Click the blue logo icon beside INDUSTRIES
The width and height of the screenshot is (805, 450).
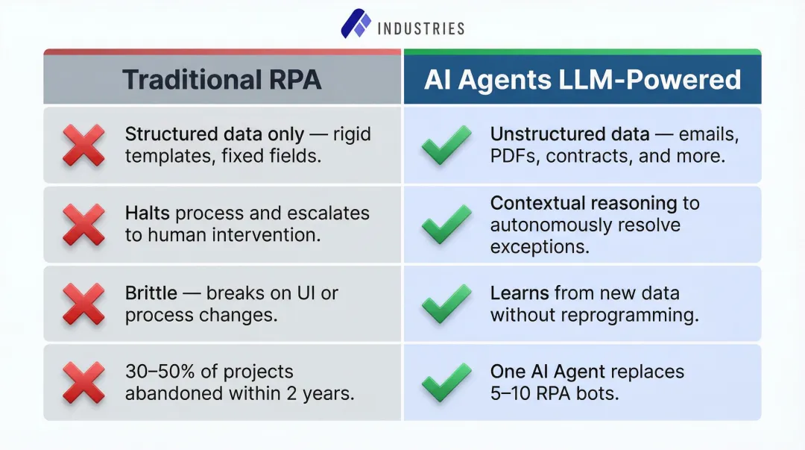pyautogui.click(x=356, y=25)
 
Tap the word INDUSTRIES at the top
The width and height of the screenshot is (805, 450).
pyautogui.click(x=421, y=28)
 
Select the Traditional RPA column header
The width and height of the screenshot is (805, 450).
pyautogui.click(x=222, y=79)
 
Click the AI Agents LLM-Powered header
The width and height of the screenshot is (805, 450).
pyautogui.click(x=582, y=79)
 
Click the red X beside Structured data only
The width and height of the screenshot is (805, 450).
pyautogui.click(x=83, y=146)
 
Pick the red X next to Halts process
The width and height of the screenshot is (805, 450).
pyautogui.click(x=83, y=224)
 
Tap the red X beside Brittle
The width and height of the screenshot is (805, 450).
pyautogui.click(x=83, y=304)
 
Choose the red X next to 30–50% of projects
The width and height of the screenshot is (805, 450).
pyautogui.click(x=83, y=383)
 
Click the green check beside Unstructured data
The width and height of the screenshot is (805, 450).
pyautogui.click(x=446, y=146)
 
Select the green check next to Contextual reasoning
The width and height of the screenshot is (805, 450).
pyautogui.click(x=446, y=225)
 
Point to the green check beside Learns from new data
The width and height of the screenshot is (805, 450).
pyautogui.click(x=446, y=304)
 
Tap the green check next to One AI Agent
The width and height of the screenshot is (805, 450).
pyautogui.click(x=446, y=383)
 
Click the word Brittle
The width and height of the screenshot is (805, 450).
pyautogui.click(x=151, y=293)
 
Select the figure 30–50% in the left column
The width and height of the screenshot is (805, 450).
pyautogui.click(x=157, y=372)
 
